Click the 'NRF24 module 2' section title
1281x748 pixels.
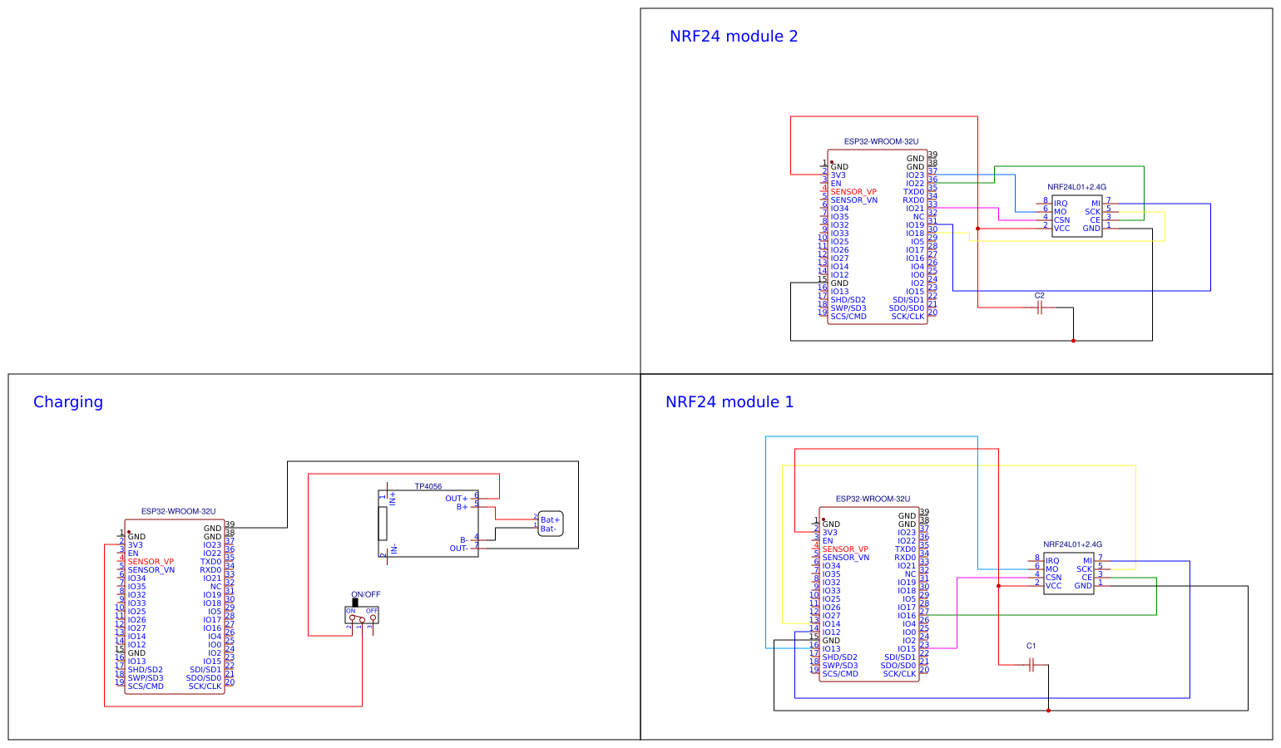click(x=733, y=37)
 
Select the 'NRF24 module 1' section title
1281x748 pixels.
click(x=730, y=402)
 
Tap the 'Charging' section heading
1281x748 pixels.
click(x=68, y=402)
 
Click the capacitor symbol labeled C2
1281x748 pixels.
click(x=1039, y=308)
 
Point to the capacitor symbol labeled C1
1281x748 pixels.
click(x=1031, y=665)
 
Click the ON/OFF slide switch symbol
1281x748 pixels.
click(x=362, y=614)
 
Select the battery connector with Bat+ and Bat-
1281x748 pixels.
click(x=550, y=524)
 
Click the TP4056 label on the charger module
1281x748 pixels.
click(x=428, y=487)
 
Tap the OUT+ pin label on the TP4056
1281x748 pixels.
click(x=456, y=499)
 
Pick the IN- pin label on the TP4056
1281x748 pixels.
click(x=394, y=549)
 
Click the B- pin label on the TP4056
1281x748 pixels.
click(x=463, y=540)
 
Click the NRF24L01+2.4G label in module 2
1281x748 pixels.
click(x=1076, y=188)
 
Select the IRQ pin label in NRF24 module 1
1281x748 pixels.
click(x=1052, y=561)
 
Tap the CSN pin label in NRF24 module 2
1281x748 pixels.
click(x=1061, y=220)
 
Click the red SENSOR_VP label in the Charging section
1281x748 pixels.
click(x=151, y=562)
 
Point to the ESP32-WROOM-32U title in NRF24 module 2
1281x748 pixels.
click(x=881, y=142)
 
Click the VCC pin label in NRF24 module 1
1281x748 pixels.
click(x=1053, y=586)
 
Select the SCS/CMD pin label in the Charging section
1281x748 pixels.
click(x=146, y=686)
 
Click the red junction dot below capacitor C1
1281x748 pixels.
click(x=1048, y=711)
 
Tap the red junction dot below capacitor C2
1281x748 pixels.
click(x=1073, y=341)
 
